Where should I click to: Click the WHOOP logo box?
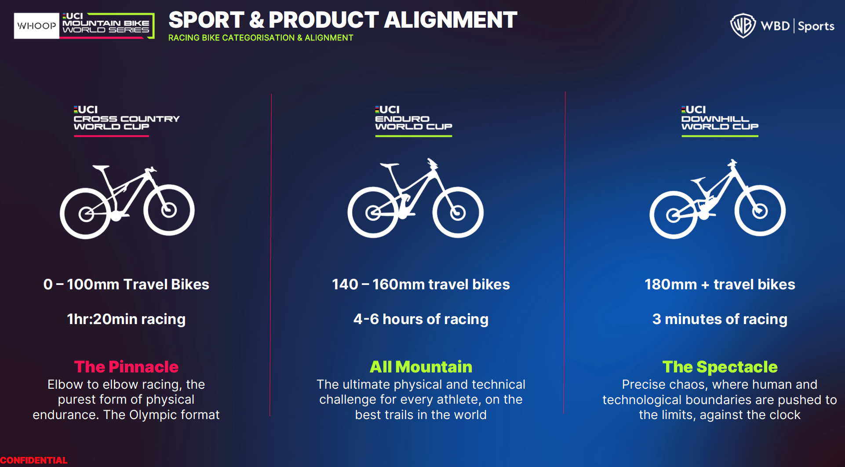(36, 26)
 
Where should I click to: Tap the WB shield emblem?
(743, 26)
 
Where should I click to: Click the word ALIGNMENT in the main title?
(451, 20)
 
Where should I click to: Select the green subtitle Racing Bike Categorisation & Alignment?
(261, 38)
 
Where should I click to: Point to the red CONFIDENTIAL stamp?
(33, 460)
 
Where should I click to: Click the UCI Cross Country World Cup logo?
(127, 121)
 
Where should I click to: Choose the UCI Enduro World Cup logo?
(413, 121)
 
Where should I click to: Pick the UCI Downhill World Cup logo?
(720, 121)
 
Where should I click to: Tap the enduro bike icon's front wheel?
(458, 212)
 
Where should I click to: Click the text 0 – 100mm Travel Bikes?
(126, 285)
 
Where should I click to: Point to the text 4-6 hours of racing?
(421, 319)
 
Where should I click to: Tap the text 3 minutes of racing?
(720, 319)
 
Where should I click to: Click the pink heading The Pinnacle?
(127, 367)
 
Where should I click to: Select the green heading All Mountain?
(421, 367)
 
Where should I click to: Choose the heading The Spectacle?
(720, 367)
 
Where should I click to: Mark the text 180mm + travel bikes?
(720, 285)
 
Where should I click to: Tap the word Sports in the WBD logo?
(816, 26)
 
